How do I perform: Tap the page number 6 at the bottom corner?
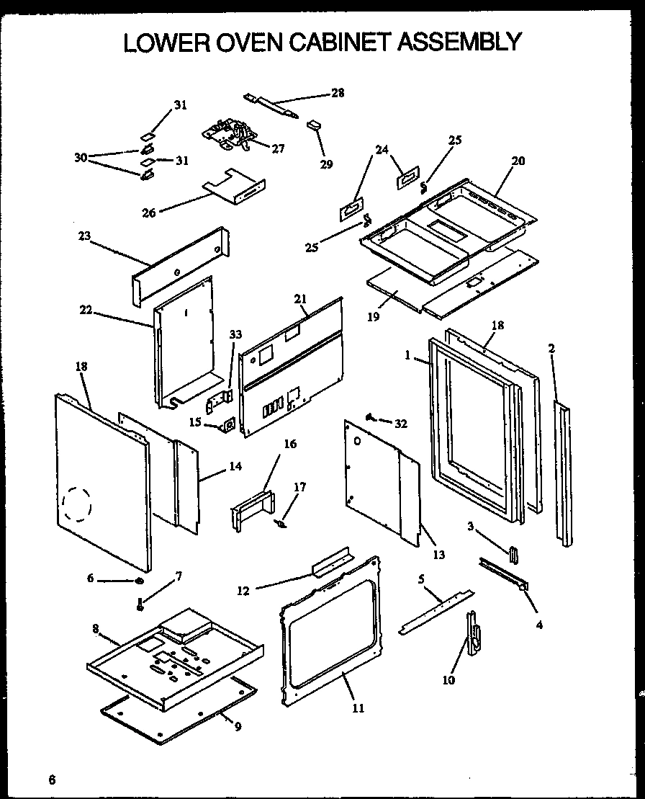[51, 779]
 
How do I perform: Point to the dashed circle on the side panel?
[76, 503]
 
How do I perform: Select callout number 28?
[338, 92]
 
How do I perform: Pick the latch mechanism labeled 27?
[231, 135]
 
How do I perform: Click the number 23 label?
[85, 235]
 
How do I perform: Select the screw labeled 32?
[371, 417]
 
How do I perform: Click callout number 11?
[358, 708]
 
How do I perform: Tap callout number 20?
[518, 161]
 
